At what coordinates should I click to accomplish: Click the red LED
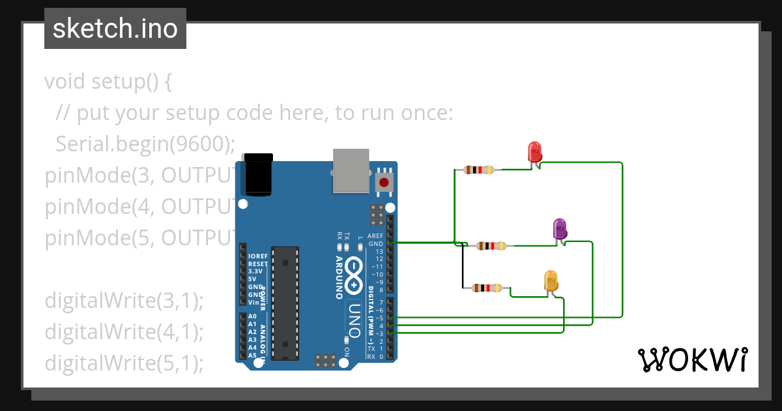tap(534, 152)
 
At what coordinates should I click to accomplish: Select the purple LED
tap(560, 229)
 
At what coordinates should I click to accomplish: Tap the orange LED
tap(551, 281)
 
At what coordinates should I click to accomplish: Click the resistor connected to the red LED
tap(479, 170)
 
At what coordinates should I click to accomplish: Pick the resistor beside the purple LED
tap(491, 246)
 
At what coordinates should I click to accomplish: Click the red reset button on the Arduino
tap(384, 182)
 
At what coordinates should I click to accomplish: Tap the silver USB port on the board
tap(351, 170)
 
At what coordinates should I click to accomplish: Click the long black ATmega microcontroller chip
tap(285, 303)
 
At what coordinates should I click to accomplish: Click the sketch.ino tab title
tap(115, 29)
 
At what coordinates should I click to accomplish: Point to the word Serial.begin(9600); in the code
tap(145, 144)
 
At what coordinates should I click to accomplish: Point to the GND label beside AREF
tap(375, 243)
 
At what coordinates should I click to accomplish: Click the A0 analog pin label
tap(252, 316)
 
